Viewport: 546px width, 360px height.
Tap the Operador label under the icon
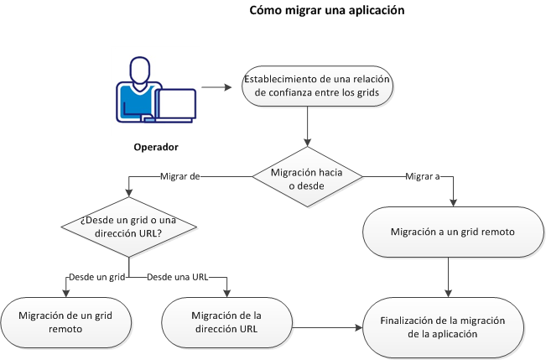tap(157, 148)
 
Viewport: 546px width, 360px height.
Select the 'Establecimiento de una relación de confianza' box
tap(317, 87)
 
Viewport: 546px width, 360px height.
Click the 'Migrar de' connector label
tap(178, 177)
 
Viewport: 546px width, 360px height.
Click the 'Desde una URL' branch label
tap(177, 276)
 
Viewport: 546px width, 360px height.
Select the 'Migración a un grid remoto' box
tap(452, 231)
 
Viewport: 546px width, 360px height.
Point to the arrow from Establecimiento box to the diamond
tap(309, 128)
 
